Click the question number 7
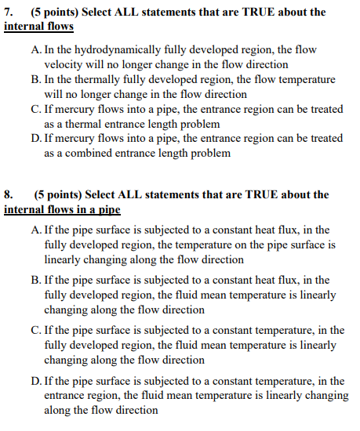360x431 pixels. [9, 12]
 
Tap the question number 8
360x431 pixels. [9, 194]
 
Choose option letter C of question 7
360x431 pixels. [36, 110]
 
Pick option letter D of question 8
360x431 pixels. [36, 381]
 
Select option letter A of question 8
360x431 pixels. [36, 230]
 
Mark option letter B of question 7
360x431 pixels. [36, 80]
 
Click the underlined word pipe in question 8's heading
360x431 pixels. [109, 209]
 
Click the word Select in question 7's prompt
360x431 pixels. [100, 12]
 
